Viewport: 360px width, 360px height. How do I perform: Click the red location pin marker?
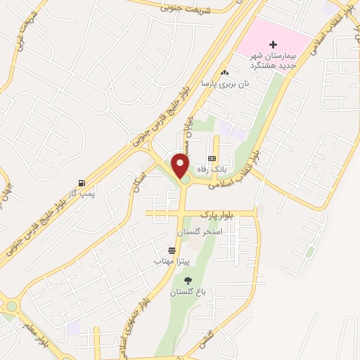point(181,165)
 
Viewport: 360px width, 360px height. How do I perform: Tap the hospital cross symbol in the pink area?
point(274,44)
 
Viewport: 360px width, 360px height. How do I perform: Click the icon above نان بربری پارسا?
point(224,72)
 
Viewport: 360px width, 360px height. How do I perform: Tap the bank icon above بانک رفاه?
point(211,158)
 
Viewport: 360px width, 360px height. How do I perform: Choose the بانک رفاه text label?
point(212,169)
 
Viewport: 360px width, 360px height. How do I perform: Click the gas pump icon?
point(84,183)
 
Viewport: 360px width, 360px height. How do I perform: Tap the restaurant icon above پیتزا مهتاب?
point(172,250)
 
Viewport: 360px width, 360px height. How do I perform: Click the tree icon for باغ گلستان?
point(187,281)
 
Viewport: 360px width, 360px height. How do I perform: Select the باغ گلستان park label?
point(186,292)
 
